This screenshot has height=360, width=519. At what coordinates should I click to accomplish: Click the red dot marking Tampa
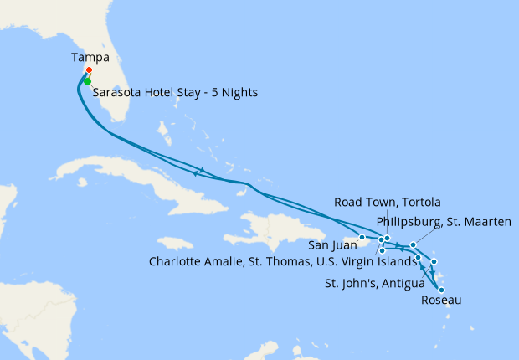click(88, 70)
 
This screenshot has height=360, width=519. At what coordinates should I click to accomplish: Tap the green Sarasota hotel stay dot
click(87, 81)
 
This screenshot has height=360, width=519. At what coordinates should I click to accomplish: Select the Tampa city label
click(90, 58)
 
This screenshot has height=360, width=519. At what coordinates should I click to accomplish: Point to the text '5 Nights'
click(235, 92)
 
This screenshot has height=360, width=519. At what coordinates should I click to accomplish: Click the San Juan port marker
click(362, 237)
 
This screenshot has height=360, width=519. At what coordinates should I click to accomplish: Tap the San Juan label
click(331, 246)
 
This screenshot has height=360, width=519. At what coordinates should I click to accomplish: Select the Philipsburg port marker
click(414, 245)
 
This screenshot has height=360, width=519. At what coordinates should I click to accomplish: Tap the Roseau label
click(441, 300)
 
